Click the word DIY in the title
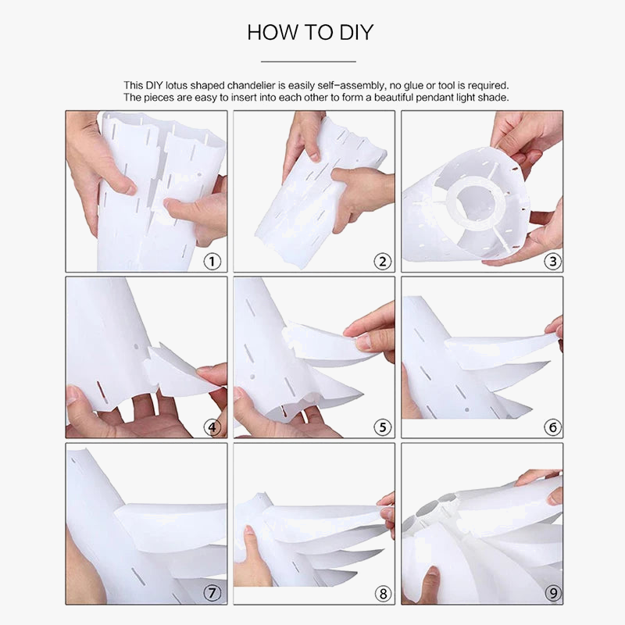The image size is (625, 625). pyautogui.click(x=356, y=32)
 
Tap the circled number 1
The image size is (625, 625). pyautogui.click(x=212, y=262)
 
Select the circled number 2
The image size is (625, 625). pyautogui.click(x=383, y=262)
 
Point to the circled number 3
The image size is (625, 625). pyautogui.click(x=553, y=262)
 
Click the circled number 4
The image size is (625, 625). pyautogui.click(x=212, y=427)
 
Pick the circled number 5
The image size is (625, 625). pyautogui.click(x=383, y=427)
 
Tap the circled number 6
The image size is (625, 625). pyautogui.click(x=553, y=427)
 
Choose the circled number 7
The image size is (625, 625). pyautogui.click(x=212, y=593)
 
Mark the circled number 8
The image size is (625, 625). pyautogui.click(x=383, y=594)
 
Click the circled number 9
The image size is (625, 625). pyautogui.click(x=553, y=594)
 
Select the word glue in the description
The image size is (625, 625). pyautogui.click(x=414, y=86)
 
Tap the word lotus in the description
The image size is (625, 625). pyautogui.click(x=177, y=85)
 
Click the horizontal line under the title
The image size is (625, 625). pyautogui.click(x=309, y=62)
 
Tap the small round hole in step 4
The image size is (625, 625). pyautogui.click(x=136, y=347)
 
